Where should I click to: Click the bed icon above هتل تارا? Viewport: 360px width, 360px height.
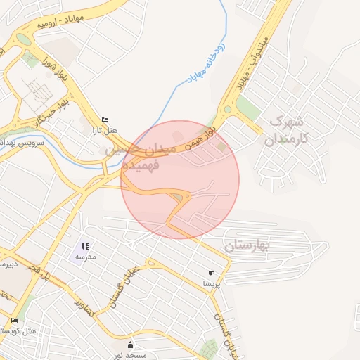105,120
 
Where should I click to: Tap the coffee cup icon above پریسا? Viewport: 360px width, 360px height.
211,273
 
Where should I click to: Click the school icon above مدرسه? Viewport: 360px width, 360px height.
85,247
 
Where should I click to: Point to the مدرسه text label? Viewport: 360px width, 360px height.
86,257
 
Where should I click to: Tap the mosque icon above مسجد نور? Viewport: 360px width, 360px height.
130,344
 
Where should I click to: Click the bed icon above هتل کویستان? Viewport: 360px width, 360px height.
14,321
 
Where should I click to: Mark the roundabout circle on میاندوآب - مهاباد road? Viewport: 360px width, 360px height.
227,110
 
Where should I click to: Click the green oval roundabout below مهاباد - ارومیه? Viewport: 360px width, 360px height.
25,39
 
